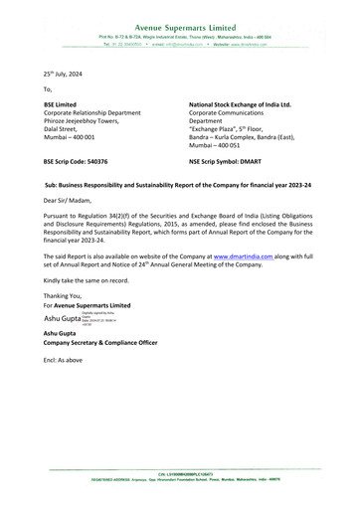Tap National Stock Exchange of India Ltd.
pos(239,103)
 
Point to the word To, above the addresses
pos(48,89)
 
